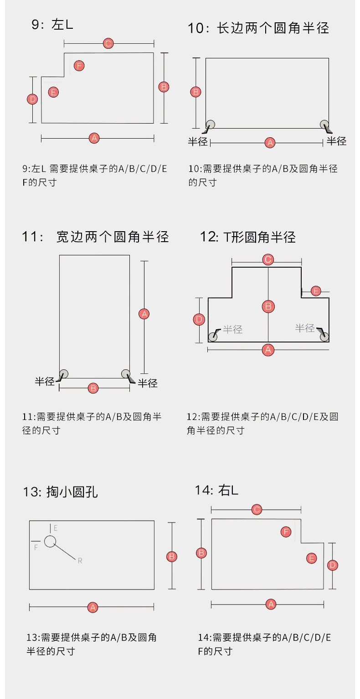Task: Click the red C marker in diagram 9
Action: (x=108, y=44)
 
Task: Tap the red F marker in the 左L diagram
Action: (x=79, y=66)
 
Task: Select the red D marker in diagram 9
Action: (x=32, y=99)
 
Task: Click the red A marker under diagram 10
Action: (x=270, y=143)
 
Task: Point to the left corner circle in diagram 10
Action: (x=211, y=124)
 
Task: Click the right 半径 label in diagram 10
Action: (x=336, y=141)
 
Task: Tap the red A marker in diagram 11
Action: (x=144, y=314)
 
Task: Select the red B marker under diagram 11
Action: (x=93, y=388)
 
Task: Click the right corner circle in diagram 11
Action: (x=125, y=374)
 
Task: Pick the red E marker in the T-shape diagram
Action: (x=315, y=291)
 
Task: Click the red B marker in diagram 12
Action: (x=268, y=306)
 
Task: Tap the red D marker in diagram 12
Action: (x=199, y=320)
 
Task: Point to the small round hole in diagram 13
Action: (x=50, y=541)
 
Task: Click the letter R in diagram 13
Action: (x=80, y=561)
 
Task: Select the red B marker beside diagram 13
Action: (x=172, y=556)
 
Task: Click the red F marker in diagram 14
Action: (x=286, y=532)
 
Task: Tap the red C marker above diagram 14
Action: (x=257, y=509)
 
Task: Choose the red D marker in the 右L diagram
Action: (x=333, y=565)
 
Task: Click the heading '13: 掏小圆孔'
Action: (x=60, y=492)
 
